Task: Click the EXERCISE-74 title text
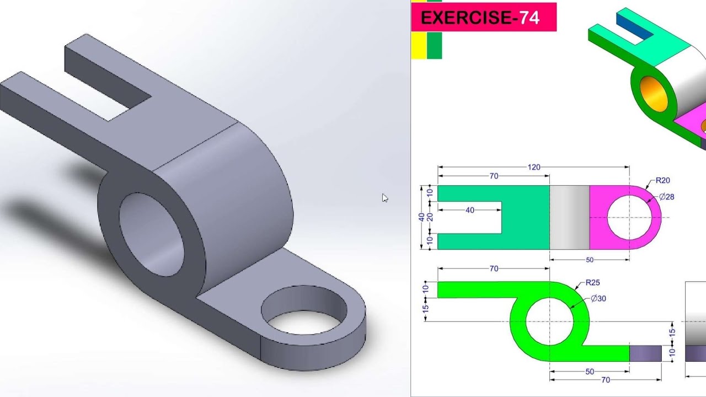[480, 18]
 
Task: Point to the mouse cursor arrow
[384, 197]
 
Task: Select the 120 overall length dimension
[533, 167]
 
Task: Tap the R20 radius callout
[662, 180]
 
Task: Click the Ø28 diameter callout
[666, 197]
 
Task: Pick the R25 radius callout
[592, 283]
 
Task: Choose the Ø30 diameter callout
[598, 299]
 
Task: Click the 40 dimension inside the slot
[469, 210]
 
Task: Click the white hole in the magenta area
[629, 217]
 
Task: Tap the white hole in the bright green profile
[549, 321]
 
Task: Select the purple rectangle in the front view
[645, 353]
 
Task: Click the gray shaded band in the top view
[569, 217]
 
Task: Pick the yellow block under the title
[418, 45]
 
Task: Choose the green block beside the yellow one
[434, 45]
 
